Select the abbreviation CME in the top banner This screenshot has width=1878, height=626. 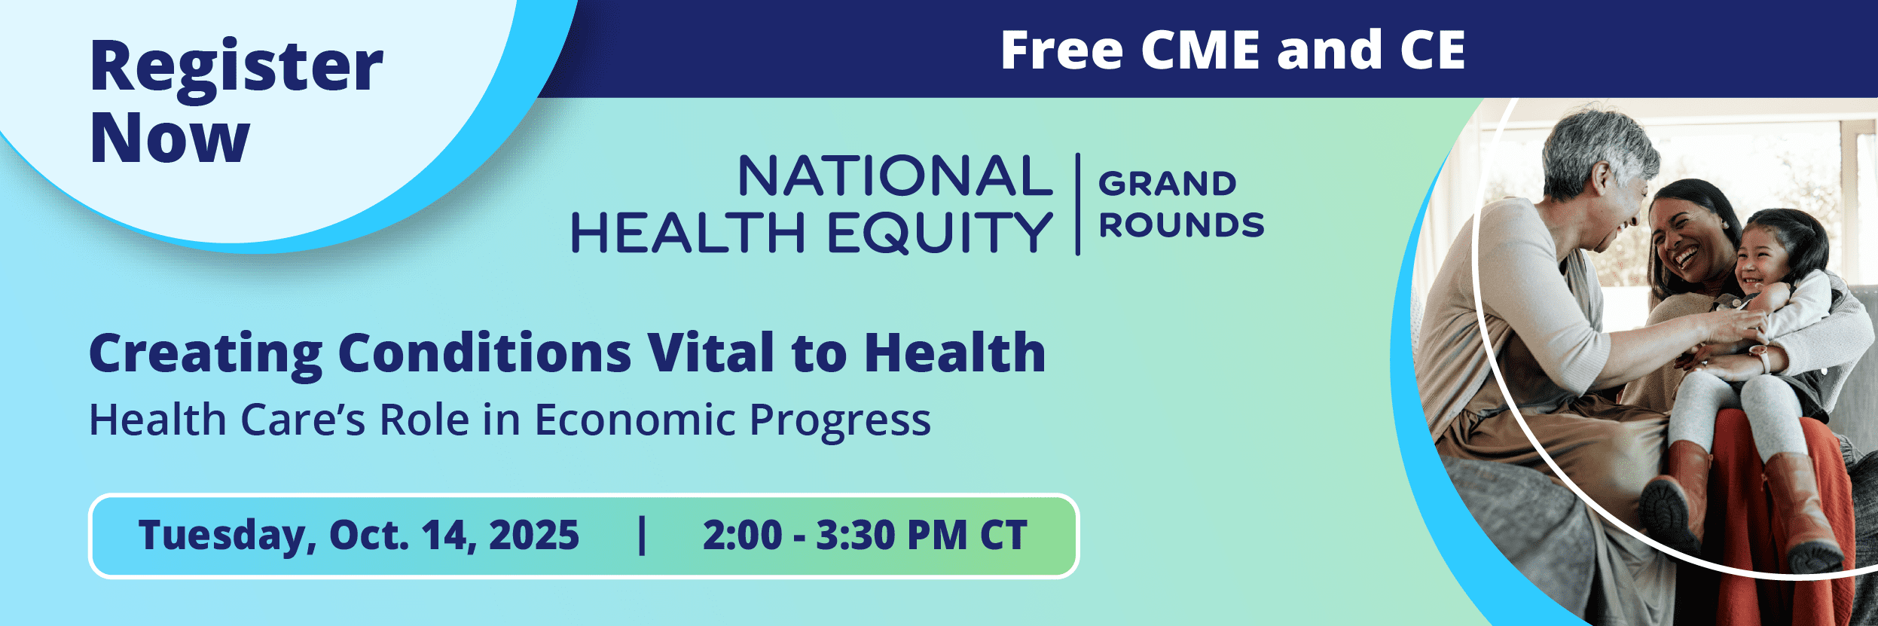point(1200,50)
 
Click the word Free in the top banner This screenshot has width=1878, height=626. point(1061,50)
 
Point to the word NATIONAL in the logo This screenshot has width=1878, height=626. point(895,176)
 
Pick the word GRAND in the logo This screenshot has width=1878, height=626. point(1167,184)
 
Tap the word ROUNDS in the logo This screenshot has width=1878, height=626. point(1181,225)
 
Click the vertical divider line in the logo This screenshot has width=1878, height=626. point(1077,204)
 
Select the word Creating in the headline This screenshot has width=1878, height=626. point(206,353)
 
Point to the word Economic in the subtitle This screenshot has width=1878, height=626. point(634,420)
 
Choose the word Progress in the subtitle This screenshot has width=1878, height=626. point(840,421)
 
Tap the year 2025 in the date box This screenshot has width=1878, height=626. point(533,535)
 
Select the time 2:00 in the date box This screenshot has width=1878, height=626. point(742,535)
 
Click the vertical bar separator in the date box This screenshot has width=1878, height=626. point(642,535)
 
